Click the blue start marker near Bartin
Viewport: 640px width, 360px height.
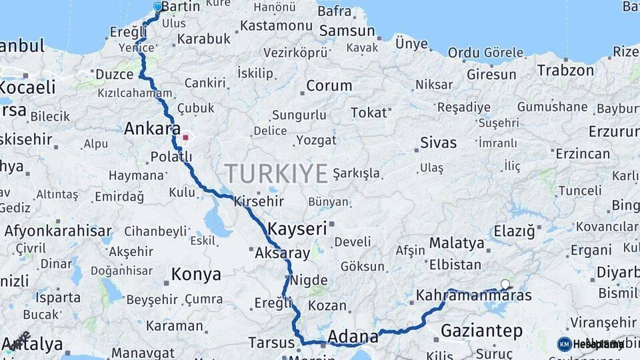click(x=158, y=7)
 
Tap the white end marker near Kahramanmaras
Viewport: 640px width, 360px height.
click(x=505, y=285)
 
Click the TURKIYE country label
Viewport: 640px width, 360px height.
click(x=276, y=173)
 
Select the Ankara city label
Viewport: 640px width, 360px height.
click(x=152, y=128)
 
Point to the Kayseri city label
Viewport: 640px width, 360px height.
click(x=297, y=229)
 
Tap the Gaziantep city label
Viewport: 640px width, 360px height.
click(x=481, y=330)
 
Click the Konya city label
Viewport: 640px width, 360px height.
click(x=196, y=274)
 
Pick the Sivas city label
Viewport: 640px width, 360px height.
click(x=439, y=142)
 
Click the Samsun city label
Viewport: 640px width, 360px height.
click(x=347, y=31)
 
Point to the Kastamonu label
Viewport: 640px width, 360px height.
click(x=276, y=25)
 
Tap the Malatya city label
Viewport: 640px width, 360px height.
click(x=457, y=243)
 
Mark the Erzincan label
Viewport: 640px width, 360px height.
click(x=583, y=153)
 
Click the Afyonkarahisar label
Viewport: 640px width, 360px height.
click(x=58, y=231)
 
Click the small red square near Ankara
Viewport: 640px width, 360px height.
click(x=186, y=139)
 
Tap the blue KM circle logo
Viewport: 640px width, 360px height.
click(x=564, y=344)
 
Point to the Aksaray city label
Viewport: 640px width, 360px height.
click(x=283, y=253)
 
